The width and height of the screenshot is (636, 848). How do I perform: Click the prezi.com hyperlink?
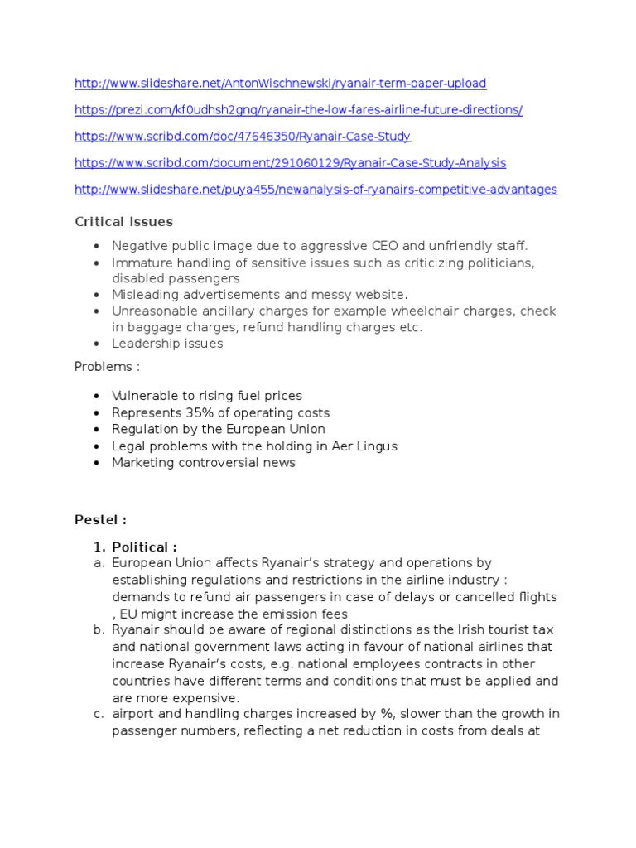pyautogui.click(x=298, y=110)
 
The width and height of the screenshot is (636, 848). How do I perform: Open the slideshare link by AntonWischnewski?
pyautogui.click(x=280, y=84)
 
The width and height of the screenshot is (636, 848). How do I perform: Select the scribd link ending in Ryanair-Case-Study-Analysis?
pyautogui.click(x=290, y=163)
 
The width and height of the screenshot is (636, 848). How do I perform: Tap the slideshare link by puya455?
pyautogui.click(x=316, y=190)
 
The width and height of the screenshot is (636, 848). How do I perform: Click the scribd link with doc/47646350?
pyautogui.click(x=243, y=137)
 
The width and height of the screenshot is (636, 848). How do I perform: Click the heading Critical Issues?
pyautogui.click(x=123, y=221)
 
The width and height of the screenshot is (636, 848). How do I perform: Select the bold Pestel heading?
pyautogui.click(x=100, y=520)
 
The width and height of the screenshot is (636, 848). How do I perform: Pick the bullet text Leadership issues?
pyautogui.click(x=167, y=344)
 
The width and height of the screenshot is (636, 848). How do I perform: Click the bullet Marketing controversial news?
pyautogui.click(x=203, y=463)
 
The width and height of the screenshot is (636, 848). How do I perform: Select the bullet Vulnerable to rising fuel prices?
pyautogui.click(x=207, y=396)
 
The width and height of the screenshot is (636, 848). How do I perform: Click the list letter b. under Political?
pyautogui.click(x=97, y=631)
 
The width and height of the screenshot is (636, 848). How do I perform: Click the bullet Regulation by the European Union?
pyautogui.click(x=219, y=429)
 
